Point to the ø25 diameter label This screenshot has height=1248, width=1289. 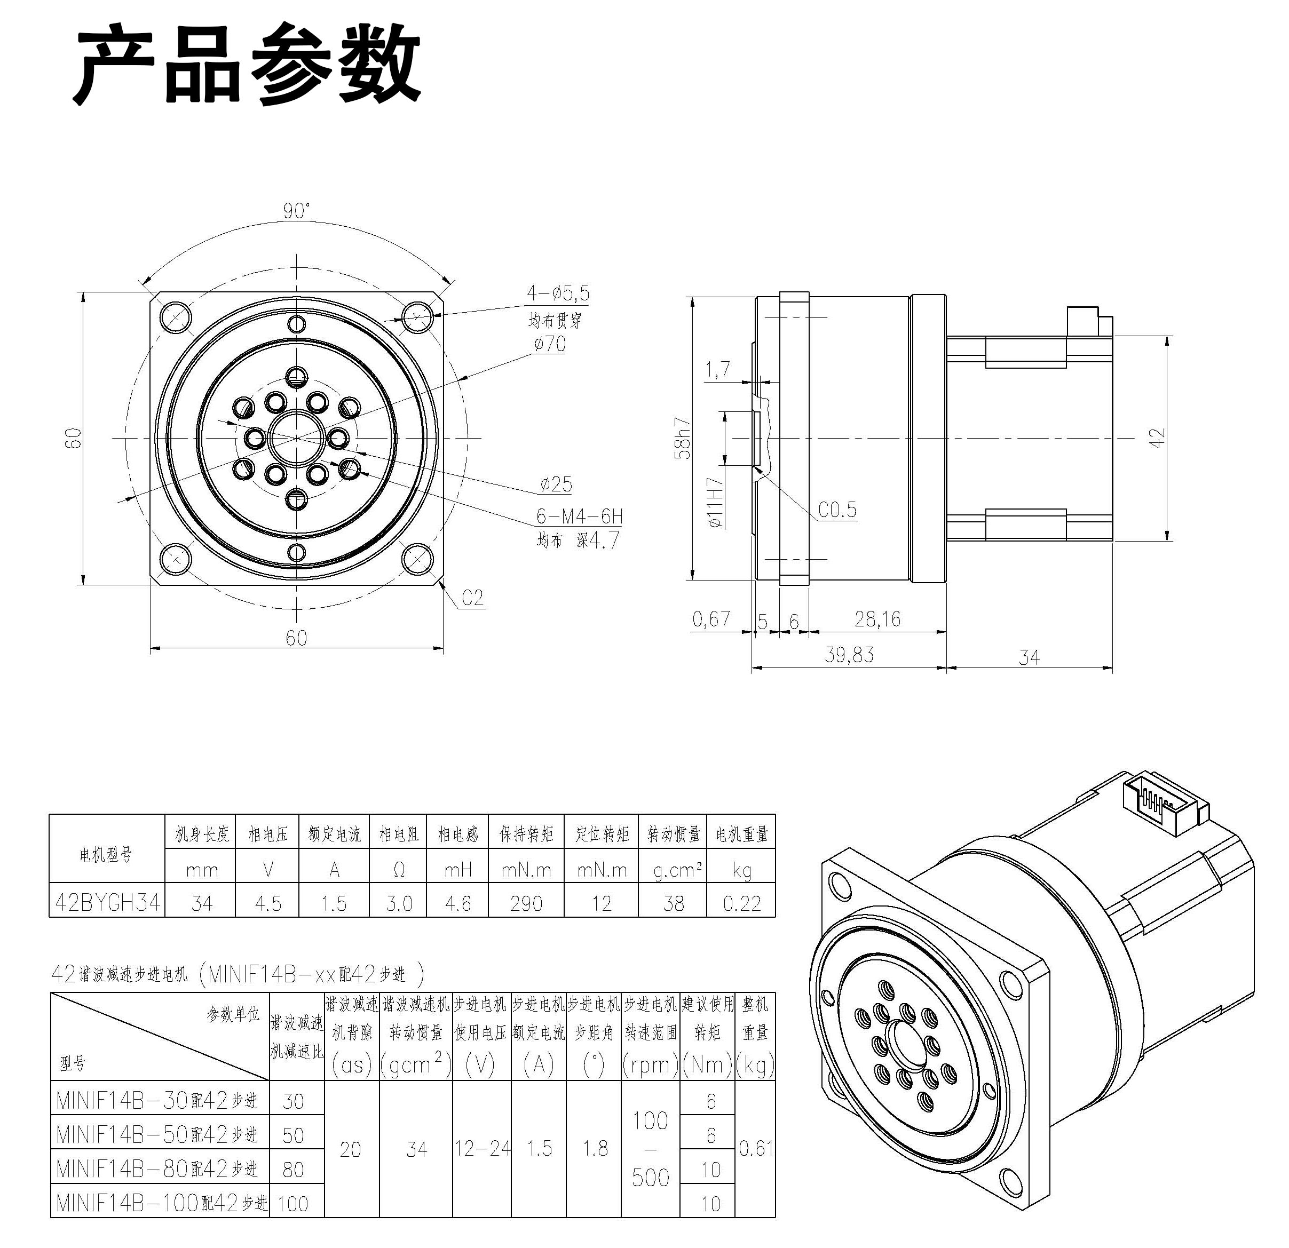point(556,484)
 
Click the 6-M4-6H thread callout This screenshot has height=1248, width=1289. point(579,517)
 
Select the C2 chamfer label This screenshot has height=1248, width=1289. point(472,598)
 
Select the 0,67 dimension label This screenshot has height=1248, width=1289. point(711,619)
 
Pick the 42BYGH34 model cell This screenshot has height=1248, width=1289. point(107,903)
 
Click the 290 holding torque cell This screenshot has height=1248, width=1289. point(526,903)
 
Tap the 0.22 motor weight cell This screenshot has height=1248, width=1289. point(741,903)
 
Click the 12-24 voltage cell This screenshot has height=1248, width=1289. point(482,1148)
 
